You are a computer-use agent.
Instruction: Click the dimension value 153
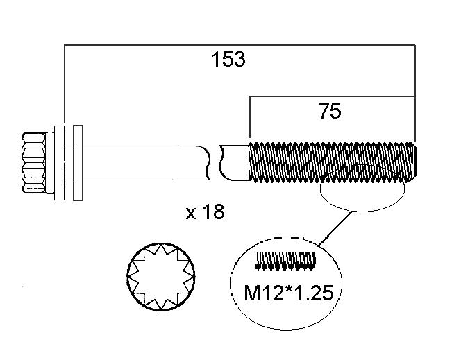pos(228,60)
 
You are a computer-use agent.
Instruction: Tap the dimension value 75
pos(330,111)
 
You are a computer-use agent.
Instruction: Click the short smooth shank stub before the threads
pos(235,162)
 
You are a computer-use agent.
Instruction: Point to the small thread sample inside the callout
pos(285,262)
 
